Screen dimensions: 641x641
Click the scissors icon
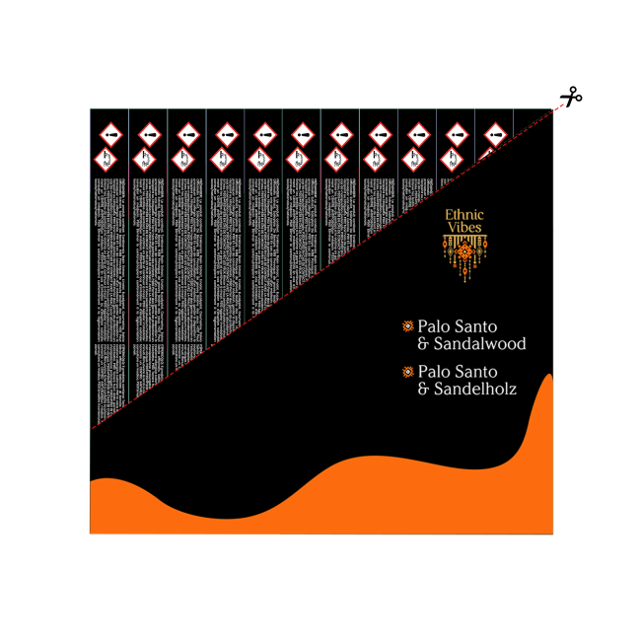coord(571,97)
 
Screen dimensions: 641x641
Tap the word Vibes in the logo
coord(464,228)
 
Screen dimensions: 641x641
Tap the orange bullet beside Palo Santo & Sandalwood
coord(407,326)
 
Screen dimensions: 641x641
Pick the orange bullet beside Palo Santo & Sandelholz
coord(407,372)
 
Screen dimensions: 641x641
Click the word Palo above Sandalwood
coord(433,326)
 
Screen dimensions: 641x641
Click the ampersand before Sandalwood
coord(424,344)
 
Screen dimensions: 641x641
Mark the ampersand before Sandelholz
coord(424,390)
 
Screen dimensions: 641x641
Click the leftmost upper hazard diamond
coord(111,132)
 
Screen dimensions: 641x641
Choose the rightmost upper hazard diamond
coord(495,131)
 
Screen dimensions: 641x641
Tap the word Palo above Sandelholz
coord(433,372)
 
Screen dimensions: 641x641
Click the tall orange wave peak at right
coord(546,394)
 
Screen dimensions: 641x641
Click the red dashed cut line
coord(325,266)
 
